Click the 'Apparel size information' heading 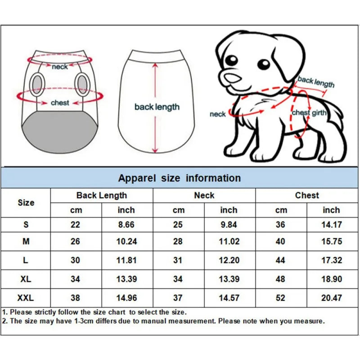click(x=179, y=178)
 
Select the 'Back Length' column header click(x=102, y=195)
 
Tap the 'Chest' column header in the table click(x=307, y=195)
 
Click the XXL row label click(x=26, y=297)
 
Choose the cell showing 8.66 click(x=126, y=225)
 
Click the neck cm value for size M click(x=178, y=242)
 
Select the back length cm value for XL click(x=75, y=279)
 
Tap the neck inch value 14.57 click(x=229, y=297)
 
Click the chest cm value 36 click(x=281, y=225)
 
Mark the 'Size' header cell click(x=26, y=202)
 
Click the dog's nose click(x=233, y=79)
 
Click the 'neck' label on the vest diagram click(x=59, y=67)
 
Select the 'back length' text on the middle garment click(x=157, y=107)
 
